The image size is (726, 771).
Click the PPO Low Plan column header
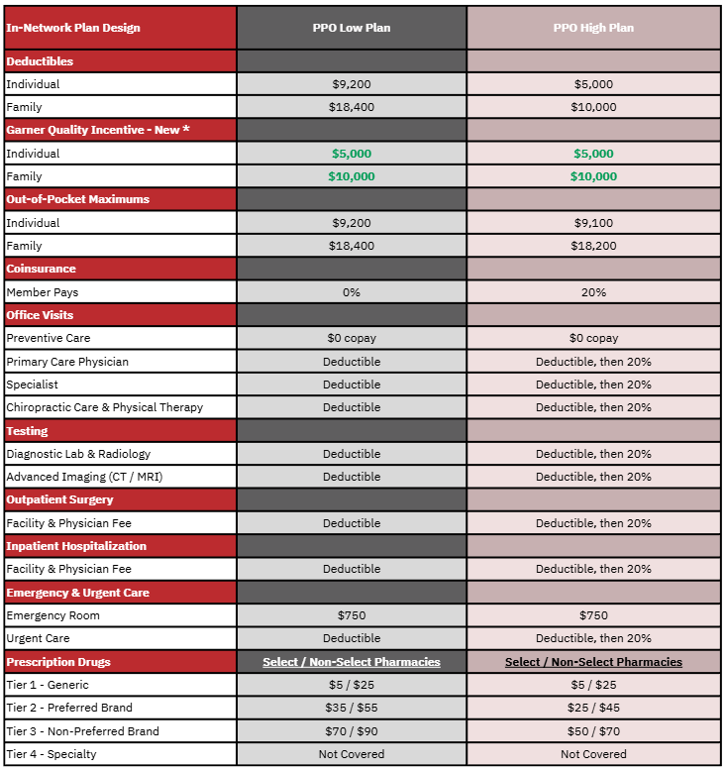point(352,28)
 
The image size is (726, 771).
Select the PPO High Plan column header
point(593,28)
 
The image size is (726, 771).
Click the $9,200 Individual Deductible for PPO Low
point(352,84)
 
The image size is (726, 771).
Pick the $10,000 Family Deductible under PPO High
point(593,107)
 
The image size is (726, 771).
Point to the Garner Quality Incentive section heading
point(97,130)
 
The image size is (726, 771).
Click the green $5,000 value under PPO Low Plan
point(352,154)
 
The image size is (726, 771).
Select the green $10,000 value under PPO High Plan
point(593,176)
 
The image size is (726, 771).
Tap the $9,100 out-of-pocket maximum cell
point(593,223)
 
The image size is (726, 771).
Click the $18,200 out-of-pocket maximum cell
point(593,246)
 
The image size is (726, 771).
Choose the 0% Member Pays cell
point(352,292)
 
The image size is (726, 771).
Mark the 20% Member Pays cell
point(593,292)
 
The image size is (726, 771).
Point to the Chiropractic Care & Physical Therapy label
point(104,407)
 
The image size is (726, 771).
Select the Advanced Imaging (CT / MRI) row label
point(84,477)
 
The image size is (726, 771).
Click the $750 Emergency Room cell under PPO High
point(593,615)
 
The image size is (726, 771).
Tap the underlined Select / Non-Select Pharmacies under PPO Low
point(352,662)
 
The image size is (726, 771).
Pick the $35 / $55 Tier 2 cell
point(352,708)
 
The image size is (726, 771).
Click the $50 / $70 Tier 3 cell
point(593,731)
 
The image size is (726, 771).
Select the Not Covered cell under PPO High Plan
point(593,754)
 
